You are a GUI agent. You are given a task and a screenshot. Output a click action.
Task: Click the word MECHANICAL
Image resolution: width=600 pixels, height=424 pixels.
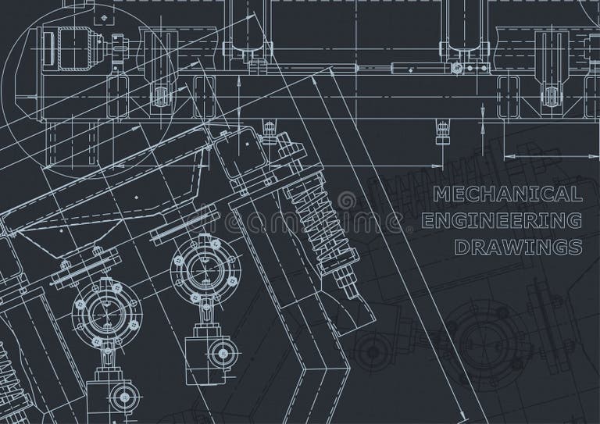tap(507, 194)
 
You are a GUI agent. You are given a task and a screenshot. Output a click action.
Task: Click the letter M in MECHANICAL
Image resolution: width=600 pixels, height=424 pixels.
tap(440, 194)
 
